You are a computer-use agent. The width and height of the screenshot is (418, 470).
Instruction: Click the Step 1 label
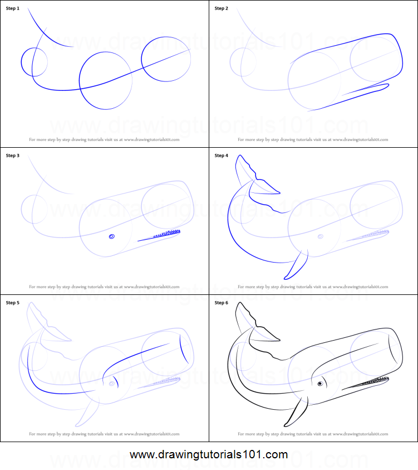click(12, 8)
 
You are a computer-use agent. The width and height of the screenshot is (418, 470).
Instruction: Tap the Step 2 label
click(221, 8)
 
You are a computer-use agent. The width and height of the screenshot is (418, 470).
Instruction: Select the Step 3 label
click(12, 156)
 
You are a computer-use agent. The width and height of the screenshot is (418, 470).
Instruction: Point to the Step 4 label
click(221, 156)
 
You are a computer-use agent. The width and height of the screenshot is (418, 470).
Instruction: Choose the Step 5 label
click(12, 303)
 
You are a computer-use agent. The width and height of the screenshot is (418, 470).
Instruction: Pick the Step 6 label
click(221, 303)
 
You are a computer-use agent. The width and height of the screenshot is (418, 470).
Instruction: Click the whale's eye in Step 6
click(321, 384)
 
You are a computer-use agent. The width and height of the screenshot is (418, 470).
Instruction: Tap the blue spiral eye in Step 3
click(112, 236)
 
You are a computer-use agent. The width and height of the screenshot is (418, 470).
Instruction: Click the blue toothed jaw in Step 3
click(161, 234)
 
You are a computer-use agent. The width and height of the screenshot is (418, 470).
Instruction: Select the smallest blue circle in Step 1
click(34, 61)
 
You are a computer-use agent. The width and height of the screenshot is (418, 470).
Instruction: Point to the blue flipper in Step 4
click(296, 264)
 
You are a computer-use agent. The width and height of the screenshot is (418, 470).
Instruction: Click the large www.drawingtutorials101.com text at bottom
click(209, 454)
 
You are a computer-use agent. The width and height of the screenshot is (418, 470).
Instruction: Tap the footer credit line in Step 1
click(104, 140)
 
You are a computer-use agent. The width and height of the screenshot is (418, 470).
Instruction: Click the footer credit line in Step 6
click(313, 434)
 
